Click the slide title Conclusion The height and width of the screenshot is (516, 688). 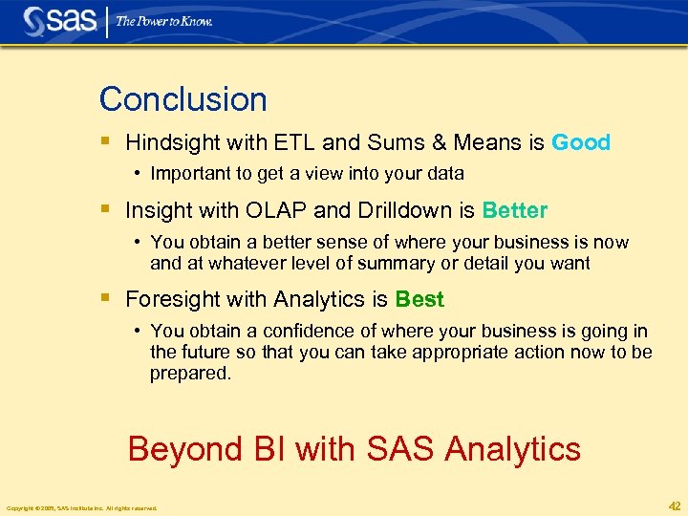[x=183, y=99]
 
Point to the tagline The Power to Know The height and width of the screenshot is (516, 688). [x=163, y=21]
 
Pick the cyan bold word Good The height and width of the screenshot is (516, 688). [x=581, y=143]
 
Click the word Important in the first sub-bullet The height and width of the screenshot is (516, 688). [x=190, y=174]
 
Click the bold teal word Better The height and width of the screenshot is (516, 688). [x=515, y=210]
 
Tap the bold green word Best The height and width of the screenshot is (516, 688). [x=419, y=300]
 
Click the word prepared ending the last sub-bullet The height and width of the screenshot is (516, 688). [x=189, y=374]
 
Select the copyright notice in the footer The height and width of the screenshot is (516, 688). [x=81, y=508]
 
